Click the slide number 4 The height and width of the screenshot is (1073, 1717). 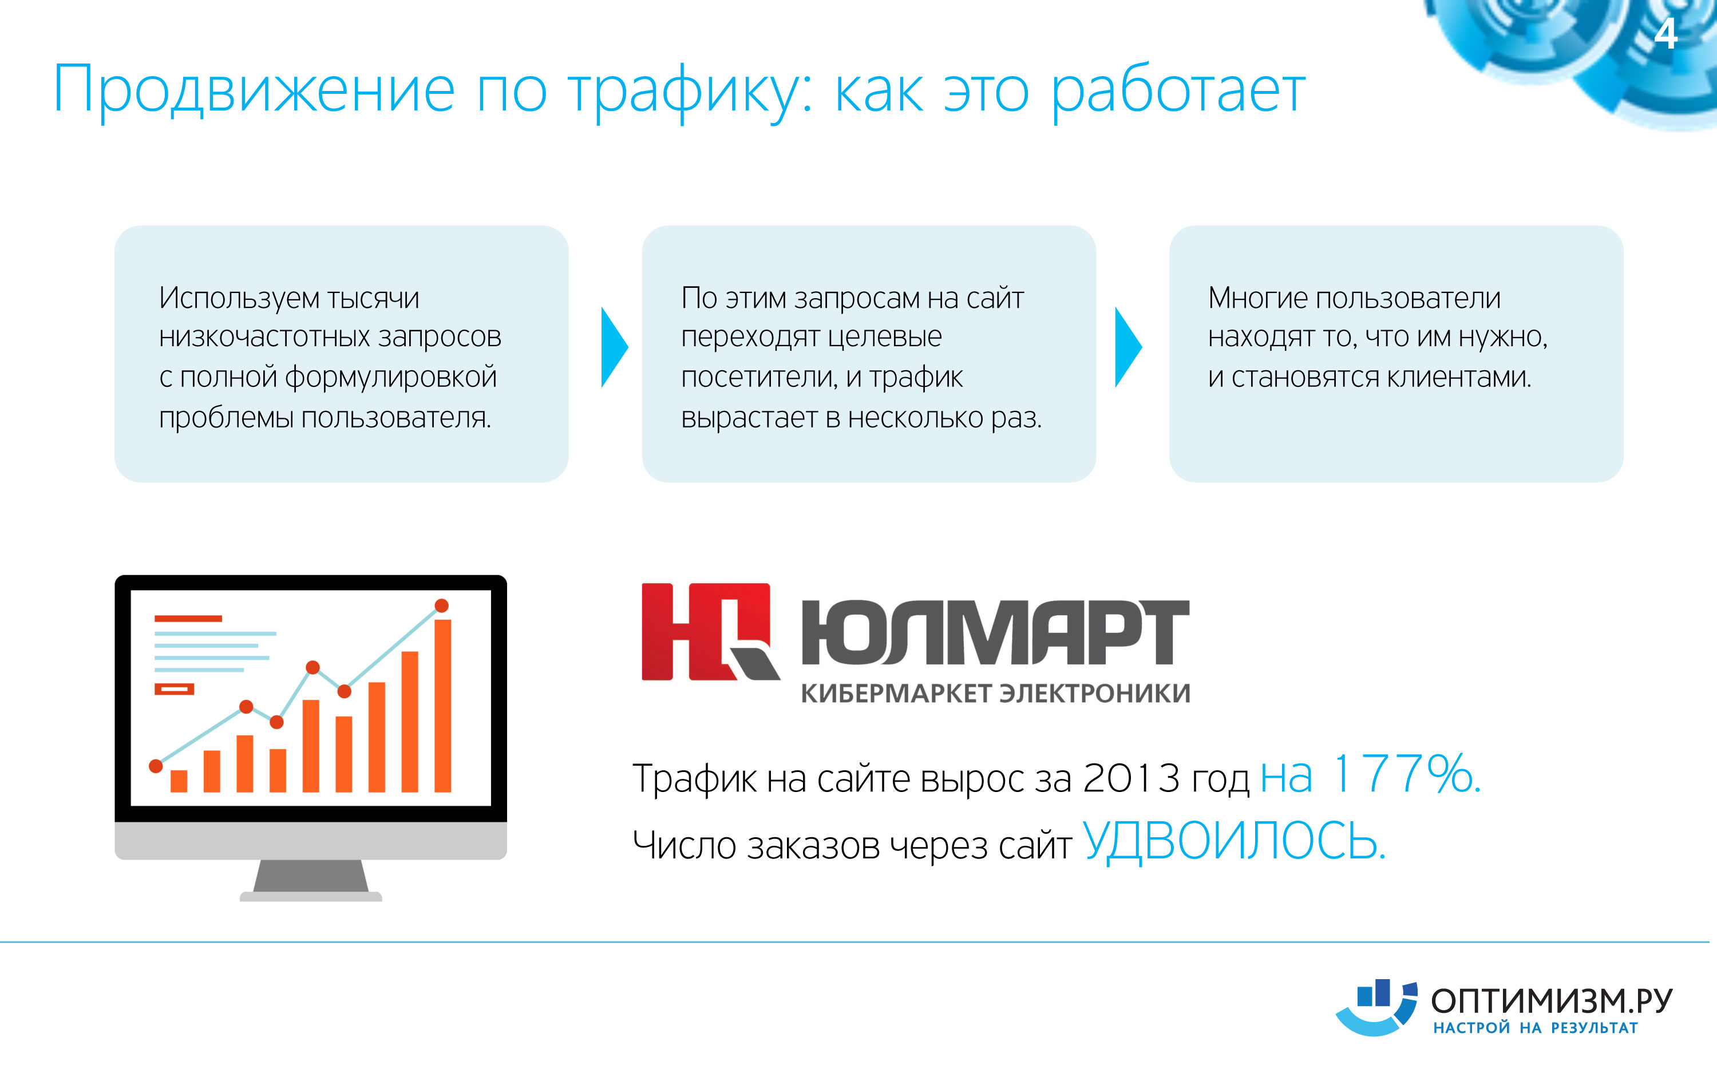tap(1666, 33)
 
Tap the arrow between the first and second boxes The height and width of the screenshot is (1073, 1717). tap(615, 347)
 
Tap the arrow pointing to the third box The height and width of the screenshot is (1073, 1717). tap(1128, 347)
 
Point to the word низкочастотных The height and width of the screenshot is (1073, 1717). tap(264, 337)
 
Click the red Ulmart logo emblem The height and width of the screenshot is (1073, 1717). tap(710, 632)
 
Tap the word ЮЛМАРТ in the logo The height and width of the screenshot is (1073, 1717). tap(995, 632)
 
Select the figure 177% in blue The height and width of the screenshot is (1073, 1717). tap(1406, 774)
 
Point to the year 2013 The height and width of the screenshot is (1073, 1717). tap(1131, 778)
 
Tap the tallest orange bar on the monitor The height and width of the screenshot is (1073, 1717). tap(443, 706)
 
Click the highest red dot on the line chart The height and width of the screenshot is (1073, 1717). tap(441, 605)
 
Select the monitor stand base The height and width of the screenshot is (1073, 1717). tap(311, 896)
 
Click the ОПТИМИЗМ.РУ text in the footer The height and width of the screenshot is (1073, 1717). tap(1552, 1001)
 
